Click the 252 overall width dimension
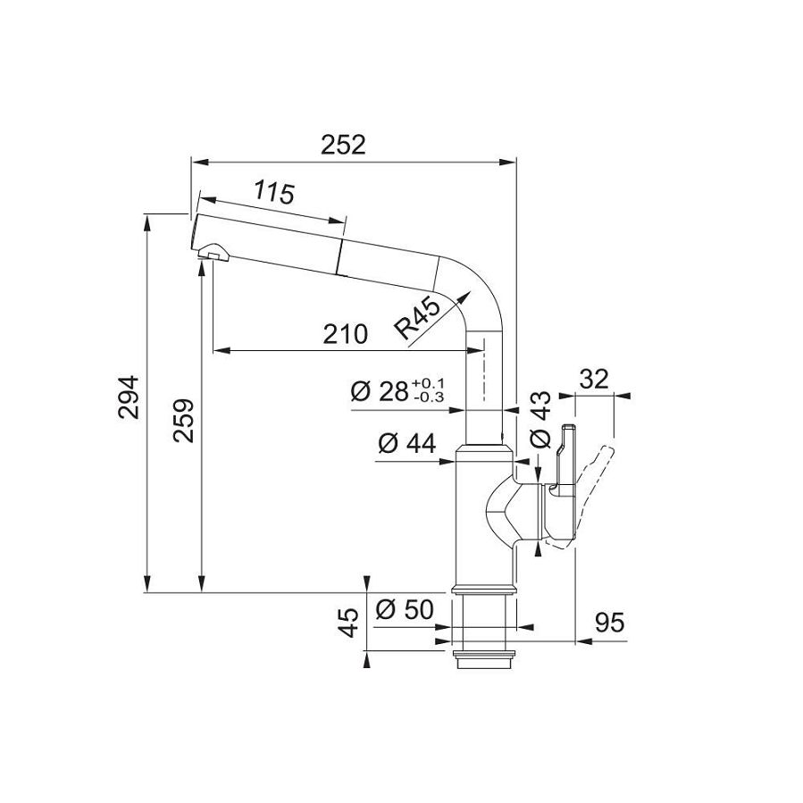pos(344,145)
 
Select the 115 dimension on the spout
pos(274,192)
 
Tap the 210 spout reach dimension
pos(345,334)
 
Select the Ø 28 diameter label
pos(379,391)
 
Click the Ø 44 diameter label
pos(406,443)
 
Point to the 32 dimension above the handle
pos(593,379)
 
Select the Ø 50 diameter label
pos(404,610)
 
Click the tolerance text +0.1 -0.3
pos(429,391)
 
